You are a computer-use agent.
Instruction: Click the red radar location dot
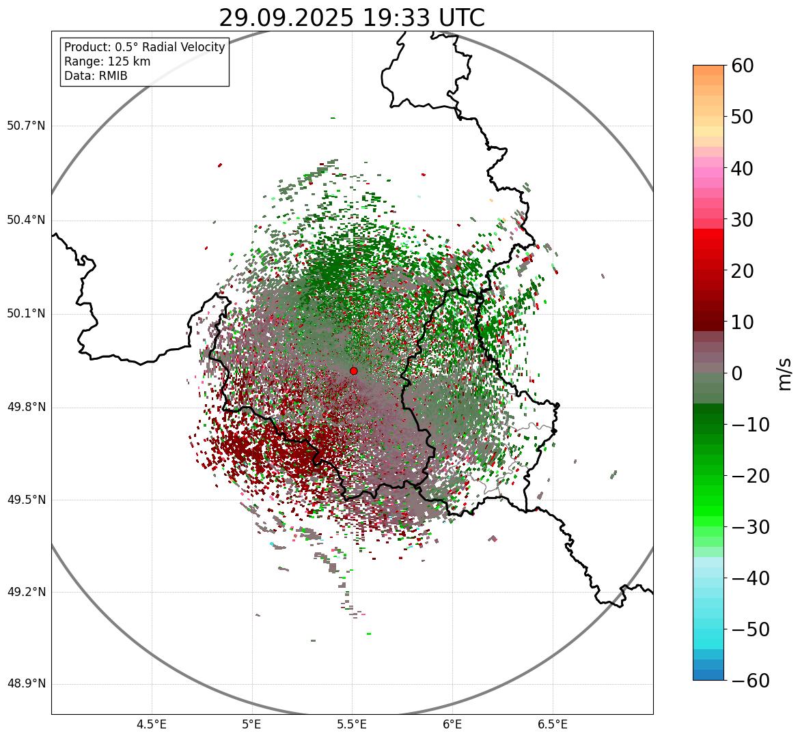point(353,371)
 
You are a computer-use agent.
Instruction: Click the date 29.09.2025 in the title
point(286,18)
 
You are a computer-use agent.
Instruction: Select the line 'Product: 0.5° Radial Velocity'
point(144,47)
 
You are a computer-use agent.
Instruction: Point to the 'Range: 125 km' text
point(107,61)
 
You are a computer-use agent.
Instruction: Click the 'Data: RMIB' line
point(96,76)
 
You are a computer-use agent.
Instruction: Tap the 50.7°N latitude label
point(26,126)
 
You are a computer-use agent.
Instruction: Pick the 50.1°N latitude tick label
point(26,314)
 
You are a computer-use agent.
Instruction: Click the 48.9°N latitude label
point(26,684)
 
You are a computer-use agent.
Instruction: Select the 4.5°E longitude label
point(152,724)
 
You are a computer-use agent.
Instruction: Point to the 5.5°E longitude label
point(352,724)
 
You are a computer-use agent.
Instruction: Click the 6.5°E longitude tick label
point(552,724)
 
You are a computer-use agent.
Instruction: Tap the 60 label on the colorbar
point(743,66)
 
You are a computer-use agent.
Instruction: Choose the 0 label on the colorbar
point(737,373)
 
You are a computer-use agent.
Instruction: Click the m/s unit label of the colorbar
point(785,373)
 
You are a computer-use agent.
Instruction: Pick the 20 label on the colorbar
point(743,271)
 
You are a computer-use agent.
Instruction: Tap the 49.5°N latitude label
point(26,500)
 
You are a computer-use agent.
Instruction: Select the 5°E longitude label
point(252,724)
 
